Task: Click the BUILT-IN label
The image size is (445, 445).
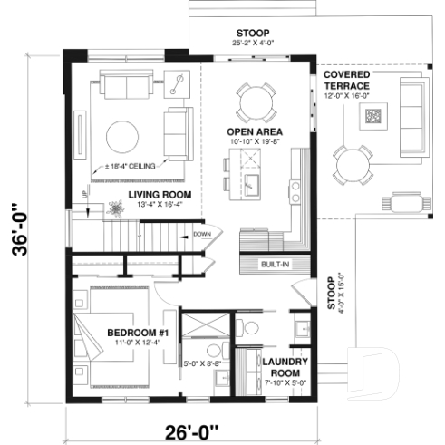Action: [x=275, y=264]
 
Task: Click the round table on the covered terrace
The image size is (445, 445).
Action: [x=351, y=163]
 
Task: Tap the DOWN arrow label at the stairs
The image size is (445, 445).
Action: [x=201, y=234]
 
